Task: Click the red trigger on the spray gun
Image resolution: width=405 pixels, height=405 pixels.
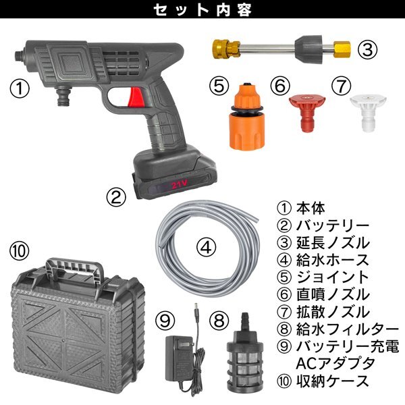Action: coord(136,97)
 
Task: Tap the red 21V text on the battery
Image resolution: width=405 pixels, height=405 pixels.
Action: coord(179,184)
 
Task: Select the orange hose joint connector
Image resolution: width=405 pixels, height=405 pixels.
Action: coord(246,116)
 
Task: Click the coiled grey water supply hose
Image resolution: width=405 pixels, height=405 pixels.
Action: coord(207,248)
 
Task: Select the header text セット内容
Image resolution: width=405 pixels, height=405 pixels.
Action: coord(202,10)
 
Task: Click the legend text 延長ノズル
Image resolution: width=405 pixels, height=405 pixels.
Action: coord(333,243)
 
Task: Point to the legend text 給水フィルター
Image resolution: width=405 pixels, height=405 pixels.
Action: coord(348,329)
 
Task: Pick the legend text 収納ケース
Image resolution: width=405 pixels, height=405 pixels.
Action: coord(332,381)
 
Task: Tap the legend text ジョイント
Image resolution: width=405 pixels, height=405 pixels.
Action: coord(332,277)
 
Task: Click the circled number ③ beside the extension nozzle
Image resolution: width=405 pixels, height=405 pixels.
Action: coord(367,49)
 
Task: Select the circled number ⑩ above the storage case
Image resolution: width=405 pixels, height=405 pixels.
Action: coord(20,251)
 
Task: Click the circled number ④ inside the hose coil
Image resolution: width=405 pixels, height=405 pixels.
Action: coord(206,248)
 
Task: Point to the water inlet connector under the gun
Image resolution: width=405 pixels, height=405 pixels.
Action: coord(63,96)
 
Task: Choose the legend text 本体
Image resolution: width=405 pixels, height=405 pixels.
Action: coord(310,208)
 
